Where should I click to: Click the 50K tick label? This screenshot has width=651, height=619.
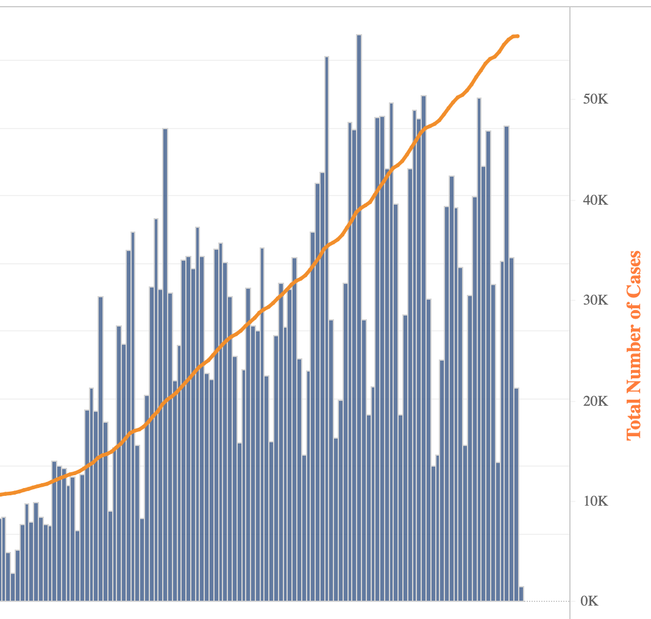point(595,99)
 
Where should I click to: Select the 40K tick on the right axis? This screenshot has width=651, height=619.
point(595,200)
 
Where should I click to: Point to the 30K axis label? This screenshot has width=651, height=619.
point(595,300)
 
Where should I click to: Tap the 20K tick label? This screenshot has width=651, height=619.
point(595,401)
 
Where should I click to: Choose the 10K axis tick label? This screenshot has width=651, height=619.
point(595,501)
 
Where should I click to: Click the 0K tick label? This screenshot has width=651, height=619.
point(590,601)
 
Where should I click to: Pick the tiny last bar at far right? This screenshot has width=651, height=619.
point(521,594)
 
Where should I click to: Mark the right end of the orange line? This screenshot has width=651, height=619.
point(517,37)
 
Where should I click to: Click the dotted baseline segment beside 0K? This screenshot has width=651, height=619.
point(546,601)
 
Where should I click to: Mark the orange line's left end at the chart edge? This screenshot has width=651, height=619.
point(1,494)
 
